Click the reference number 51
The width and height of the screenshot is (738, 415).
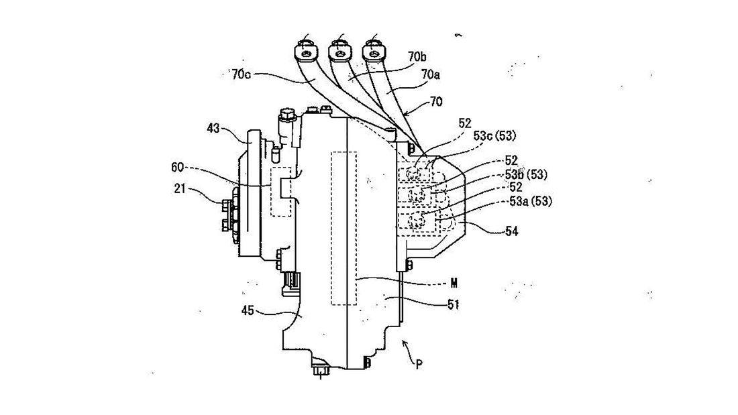[x=454, y=304]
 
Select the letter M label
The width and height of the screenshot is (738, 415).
[x=454, y=282]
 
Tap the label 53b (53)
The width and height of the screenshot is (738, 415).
[x=527, y=175]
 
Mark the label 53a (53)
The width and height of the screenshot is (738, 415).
[x=529, y=202]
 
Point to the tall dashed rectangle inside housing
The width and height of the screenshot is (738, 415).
[x=344, y=228]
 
